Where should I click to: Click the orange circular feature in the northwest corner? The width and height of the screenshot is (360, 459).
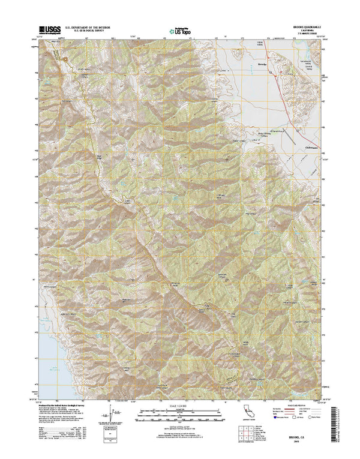[56, 55]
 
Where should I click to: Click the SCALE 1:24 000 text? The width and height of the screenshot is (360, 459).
[179, 407]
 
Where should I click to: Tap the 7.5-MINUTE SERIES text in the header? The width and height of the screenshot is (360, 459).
[306, 34]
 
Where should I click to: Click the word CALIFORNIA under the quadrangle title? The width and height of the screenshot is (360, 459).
[306, 30]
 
